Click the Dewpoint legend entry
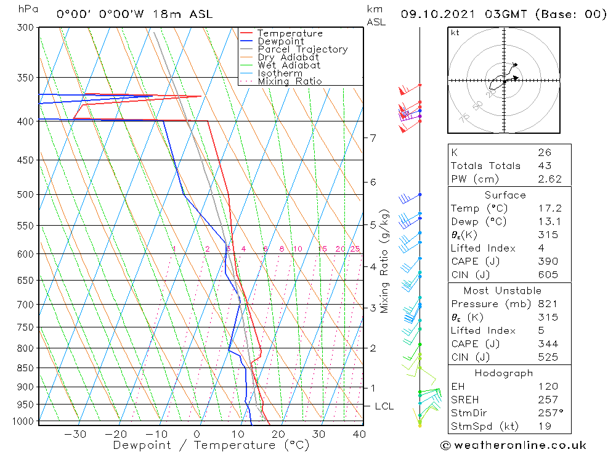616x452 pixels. pos(280,41)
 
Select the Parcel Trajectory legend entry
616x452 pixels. pos(302,49)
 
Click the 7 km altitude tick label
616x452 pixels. pos(373,138)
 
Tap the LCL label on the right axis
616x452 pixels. pos(384,406)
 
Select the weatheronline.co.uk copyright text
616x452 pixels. pos(513,445)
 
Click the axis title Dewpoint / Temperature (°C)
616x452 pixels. pos(211,445)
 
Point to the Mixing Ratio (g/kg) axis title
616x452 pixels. pos(385,261)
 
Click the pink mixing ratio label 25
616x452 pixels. pos(355,249)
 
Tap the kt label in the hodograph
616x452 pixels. pos(455,32)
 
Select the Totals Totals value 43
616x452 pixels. pos(545,165)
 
